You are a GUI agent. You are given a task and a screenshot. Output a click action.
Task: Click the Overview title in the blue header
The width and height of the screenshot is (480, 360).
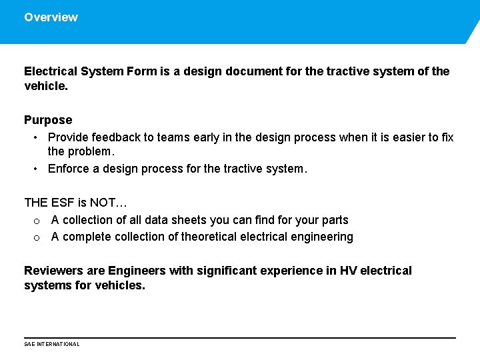pos(51,17)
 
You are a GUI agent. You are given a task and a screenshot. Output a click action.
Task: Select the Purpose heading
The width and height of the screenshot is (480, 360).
pos(48,120)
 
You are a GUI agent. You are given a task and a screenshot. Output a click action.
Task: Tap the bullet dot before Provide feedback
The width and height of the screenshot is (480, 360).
pos(35,137)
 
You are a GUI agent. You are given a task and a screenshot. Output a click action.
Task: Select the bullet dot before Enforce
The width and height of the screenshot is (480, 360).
pos(35,169)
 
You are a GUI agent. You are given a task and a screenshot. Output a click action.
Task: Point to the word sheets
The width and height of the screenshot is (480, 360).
pos(189,220)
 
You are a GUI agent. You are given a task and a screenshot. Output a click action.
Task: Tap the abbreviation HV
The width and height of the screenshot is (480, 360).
pos(349,271)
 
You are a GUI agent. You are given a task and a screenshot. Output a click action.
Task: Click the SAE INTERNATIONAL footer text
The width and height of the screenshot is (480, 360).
pos(51,344)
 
